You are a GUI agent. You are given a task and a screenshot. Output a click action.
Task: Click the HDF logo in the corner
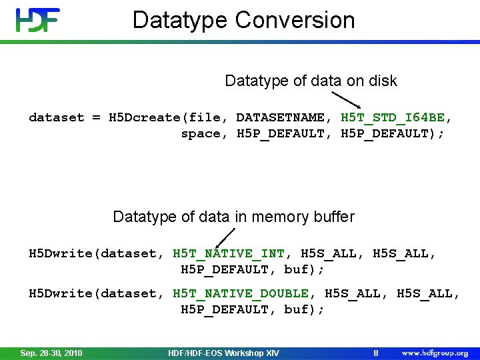coord(37,20)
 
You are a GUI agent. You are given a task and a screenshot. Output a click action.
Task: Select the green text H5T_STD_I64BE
coord(393,118)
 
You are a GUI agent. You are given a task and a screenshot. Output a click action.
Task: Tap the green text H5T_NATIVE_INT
coord(229,254)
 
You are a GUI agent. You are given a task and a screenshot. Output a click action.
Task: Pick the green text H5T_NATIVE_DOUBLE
coord(241,294)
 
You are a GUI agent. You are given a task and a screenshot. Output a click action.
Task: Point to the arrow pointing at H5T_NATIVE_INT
coord(227,237)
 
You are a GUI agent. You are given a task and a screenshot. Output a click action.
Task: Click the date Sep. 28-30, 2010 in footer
coord(51,353)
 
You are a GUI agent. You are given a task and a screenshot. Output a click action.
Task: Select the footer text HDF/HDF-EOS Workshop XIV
coord(223,353)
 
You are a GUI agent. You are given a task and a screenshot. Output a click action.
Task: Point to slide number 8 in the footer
coord(376,353)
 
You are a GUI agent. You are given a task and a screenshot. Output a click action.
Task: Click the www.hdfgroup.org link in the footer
coord(434,353)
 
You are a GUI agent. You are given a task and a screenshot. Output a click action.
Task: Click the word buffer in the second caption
coord(333,217)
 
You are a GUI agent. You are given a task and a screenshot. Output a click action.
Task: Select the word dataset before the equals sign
coord(57,118)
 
